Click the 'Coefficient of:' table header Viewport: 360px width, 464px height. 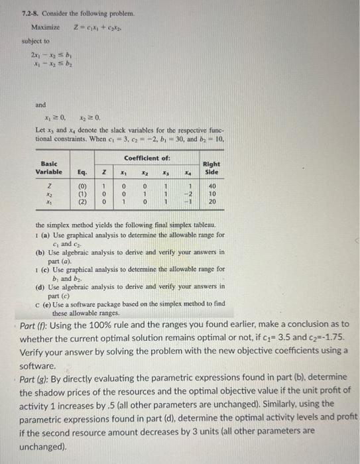(x=147, y=157)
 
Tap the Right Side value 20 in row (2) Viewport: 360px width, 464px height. (x=212, y=202)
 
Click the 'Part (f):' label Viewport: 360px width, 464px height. (x=37, y=326)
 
